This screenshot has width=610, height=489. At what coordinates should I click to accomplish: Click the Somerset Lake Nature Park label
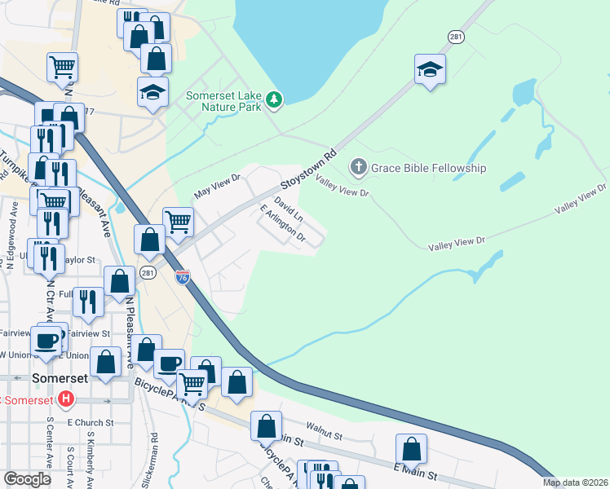(223, 101)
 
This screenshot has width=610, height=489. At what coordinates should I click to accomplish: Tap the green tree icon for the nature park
(276, 99)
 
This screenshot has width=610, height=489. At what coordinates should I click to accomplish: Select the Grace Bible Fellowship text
(428, 169)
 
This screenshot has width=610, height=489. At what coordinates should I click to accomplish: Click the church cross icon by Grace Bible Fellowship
(357, 168)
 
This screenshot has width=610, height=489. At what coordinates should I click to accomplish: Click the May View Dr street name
(218, 187)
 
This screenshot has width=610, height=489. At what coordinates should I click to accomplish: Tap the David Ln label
(289, 208)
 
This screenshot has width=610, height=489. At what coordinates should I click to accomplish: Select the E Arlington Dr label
(282, 225)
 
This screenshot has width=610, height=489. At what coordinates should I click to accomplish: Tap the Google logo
(28, 479)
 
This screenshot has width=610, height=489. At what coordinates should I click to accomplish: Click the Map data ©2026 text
(575, 482)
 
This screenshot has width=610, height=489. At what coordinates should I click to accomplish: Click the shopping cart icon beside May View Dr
(178, 219)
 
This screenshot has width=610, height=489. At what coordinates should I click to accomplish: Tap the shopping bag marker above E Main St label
(412, 449)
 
